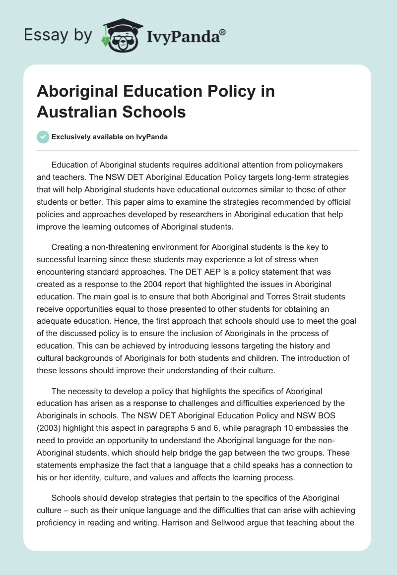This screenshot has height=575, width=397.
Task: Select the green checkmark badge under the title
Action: [x=43, y=137]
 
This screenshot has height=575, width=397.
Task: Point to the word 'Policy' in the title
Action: [x=222, y=92]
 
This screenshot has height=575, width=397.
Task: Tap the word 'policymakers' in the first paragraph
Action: [x=319, y=164]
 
